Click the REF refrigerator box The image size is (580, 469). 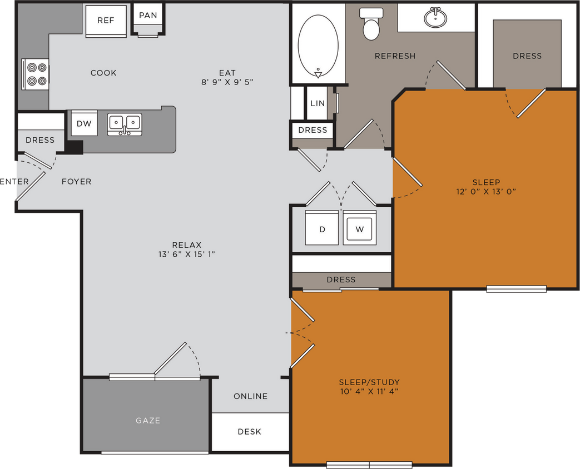(x=106, y=21)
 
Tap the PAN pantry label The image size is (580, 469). (x=148, y=15)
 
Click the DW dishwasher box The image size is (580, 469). (x=84, y=123)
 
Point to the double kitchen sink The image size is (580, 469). (x=125, y=123)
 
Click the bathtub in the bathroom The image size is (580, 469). (x=318, y=43)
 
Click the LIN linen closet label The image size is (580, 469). (x=318, y=103)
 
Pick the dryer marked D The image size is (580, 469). (x=323, y=229)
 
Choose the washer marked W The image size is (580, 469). (x=359, y=229)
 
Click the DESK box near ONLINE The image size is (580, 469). (x=250, y=432)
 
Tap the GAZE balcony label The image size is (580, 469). (x=148, y=421)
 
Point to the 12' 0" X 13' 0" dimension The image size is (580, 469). (x=486, y=192)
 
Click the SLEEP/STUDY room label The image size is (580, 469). (x=369, y=382)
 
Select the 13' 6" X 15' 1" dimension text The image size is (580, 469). (x=186, y=255)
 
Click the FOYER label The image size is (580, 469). (x=76, y=181)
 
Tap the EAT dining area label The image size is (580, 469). (x=227, y=73)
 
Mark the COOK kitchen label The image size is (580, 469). (x=103, y=73)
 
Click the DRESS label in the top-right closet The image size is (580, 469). (x=527, y=56)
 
